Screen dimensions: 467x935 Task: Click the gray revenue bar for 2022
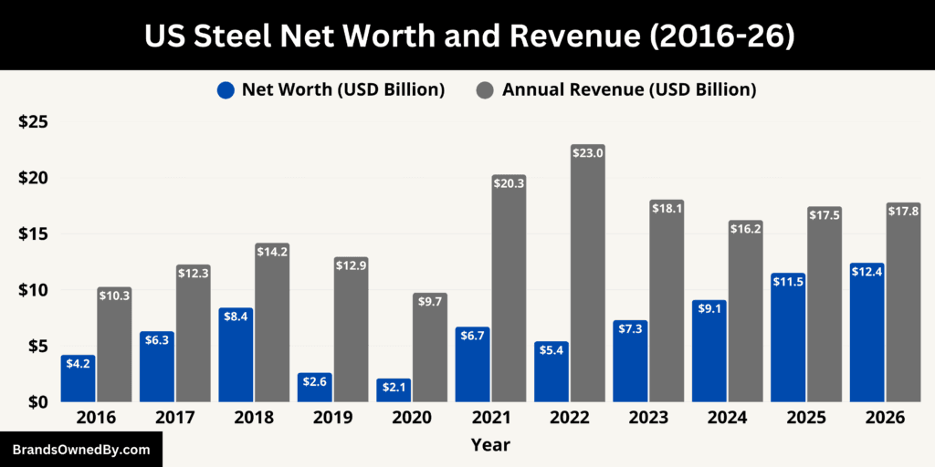tap(588, 274)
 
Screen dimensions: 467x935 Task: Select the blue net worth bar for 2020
tap(394, 390)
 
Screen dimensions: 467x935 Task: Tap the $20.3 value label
tap(510, 184)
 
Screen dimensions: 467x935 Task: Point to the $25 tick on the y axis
tap(34, 122)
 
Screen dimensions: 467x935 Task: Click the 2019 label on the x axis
tap(332, 417)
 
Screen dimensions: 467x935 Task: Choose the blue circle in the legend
tap(226, 89)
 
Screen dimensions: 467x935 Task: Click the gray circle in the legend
tap(486, 89)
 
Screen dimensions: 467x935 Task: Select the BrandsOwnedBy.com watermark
tap(80, 450)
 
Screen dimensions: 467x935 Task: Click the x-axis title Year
tap(490, 445)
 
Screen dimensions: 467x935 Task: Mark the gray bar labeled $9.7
tap(430, 348)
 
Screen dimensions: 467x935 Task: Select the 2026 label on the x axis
tap(885, 417)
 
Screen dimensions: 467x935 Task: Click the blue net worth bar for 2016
tap(79, 379)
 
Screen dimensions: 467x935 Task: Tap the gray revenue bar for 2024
tap(745, 311)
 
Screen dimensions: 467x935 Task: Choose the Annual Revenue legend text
tap(629, 89)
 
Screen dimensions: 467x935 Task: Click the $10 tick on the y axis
tap(34, 289)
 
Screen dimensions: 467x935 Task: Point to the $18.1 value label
tap(667, 209)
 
